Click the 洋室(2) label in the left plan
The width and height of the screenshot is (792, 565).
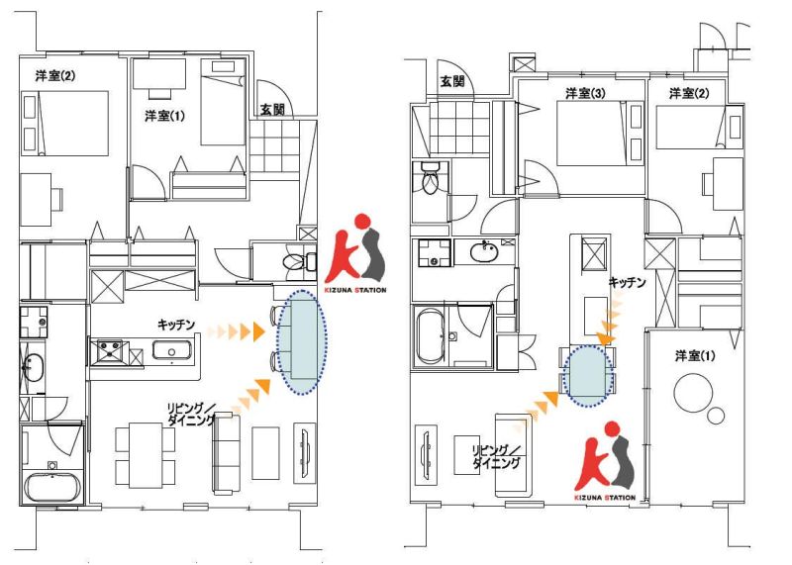pos(55,76)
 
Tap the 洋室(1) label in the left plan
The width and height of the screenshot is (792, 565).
pos(164,116)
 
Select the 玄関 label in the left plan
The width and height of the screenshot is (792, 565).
pos(272,109)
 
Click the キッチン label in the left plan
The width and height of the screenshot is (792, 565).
pos(176,325)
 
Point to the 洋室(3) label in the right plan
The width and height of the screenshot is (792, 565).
pos(585,93)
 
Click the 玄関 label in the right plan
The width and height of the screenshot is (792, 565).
pos(452,81)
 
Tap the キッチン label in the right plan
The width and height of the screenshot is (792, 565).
pos(627,282)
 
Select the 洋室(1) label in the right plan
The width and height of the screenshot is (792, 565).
pos(695,356)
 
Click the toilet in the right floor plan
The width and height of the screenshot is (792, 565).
pos(430,178)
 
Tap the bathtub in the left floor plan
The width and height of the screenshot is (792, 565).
pos(52,487)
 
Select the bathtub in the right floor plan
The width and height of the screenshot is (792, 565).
pos(430,335)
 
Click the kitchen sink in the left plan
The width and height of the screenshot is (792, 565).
pos(172,350)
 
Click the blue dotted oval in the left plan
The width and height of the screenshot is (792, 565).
pos(302,342)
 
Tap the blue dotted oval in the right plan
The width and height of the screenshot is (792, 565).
pos(588,375)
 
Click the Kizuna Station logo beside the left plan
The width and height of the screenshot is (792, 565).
pos(355,253)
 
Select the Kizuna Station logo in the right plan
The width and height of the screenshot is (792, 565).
pos(605,460)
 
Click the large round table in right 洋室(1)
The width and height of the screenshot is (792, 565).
pos(693,392)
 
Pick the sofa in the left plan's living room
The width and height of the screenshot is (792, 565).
pos(227,453)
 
